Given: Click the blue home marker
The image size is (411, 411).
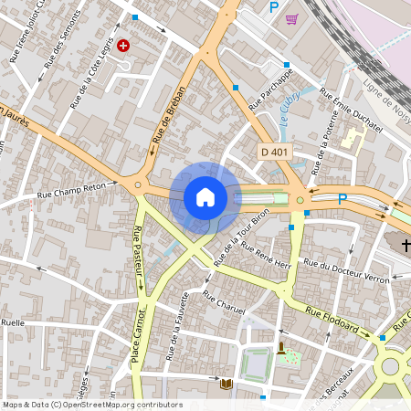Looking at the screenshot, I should point(205,196).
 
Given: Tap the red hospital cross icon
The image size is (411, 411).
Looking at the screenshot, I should point(122,45).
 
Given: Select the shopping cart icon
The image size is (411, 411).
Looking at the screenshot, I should point(291,18).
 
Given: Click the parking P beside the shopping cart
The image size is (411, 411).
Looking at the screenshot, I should point(273,7).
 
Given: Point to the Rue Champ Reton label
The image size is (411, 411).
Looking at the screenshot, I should point(72,190).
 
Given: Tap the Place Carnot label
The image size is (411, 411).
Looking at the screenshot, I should point(137,338).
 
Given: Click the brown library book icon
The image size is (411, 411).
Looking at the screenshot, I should point(227,385).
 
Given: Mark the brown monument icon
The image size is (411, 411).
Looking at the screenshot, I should point(281,347).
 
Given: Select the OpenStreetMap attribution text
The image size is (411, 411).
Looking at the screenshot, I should point(92,405).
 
